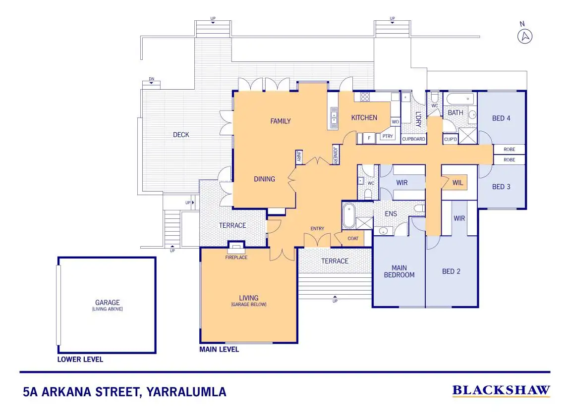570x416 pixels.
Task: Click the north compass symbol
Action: pyautogui.click(x=525, y=36)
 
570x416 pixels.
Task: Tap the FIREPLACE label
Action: pyautogui.click(x=236, y=258)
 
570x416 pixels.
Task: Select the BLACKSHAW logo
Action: pyautogui.click(x=501, y=391)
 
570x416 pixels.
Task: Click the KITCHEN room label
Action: pyautogui.click(x=364, y=118)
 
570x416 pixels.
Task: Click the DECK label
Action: pyautogui.click(x=181, y=135)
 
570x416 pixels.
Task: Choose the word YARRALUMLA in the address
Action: pyautogui.click(x=186, y=392)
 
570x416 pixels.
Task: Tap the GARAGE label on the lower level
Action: pyautogui.click(x=108, y=303)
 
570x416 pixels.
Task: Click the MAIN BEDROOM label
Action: pyautogui.click(x=399, y=271)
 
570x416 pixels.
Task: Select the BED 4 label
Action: pyautogui.click(x=501, y=118)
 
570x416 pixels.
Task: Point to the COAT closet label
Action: pyautogui.click(x=353, y=239)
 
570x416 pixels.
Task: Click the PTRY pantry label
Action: pyautogui.click(x=387, y=137)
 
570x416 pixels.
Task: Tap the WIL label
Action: pyautogui.click(x=457, y=183)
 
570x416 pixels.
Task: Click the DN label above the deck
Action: pyautogui.click(x=151, y=80)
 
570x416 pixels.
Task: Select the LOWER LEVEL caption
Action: pyautogui.click(x=80, y=360)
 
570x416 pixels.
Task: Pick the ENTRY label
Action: pyautogui.click(x=317, y=229)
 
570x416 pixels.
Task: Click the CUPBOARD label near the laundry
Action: pyautogui.click(x=413, y=139)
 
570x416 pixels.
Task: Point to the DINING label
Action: pyautogui.click(x=264, y=179)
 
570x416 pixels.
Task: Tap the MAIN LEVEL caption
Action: pyautogui.click(x=219, y=350)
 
